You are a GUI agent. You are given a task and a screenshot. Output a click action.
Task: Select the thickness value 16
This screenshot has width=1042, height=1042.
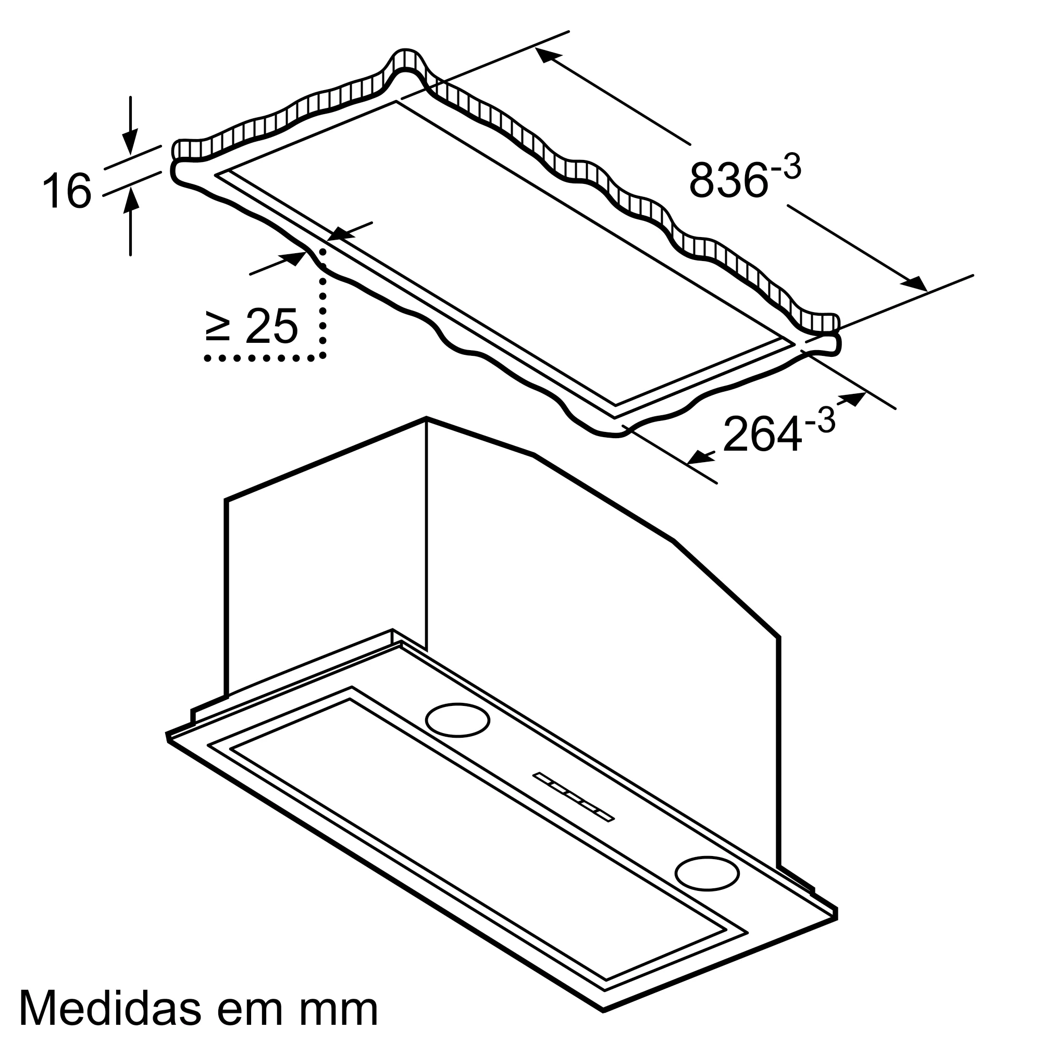click(67, 190)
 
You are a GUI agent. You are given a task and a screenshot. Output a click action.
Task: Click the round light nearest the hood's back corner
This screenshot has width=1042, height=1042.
click(457, 720)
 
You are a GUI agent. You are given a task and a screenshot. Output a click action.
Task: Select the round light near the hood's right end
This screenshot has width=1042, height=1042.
click(707, 872)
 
